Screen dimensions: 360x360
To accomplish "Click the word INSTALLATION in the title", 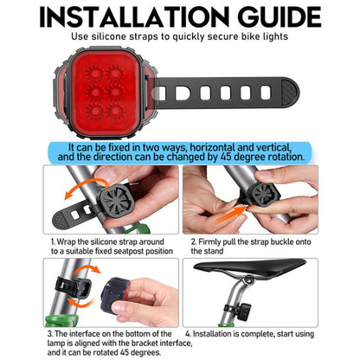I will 128,16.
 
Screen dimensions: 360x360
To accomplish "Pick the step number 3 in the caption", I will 54,332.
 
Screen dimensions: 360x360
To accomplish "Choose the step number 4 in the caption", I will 189,332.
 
